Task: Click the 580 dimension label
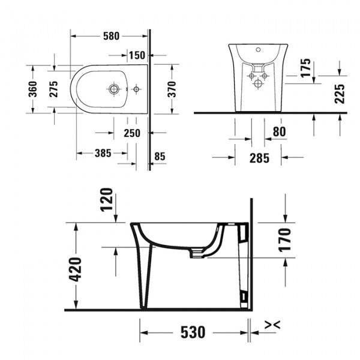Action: click(x=110, y=36)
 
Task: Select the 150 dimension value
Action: click(x=137, y=56)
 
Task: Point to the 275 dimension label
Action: click(x=53, y=89)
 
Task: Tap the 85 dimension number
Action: click(x=159, y=157)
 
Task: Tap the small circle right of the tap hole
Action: click(x=136, y=89)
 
